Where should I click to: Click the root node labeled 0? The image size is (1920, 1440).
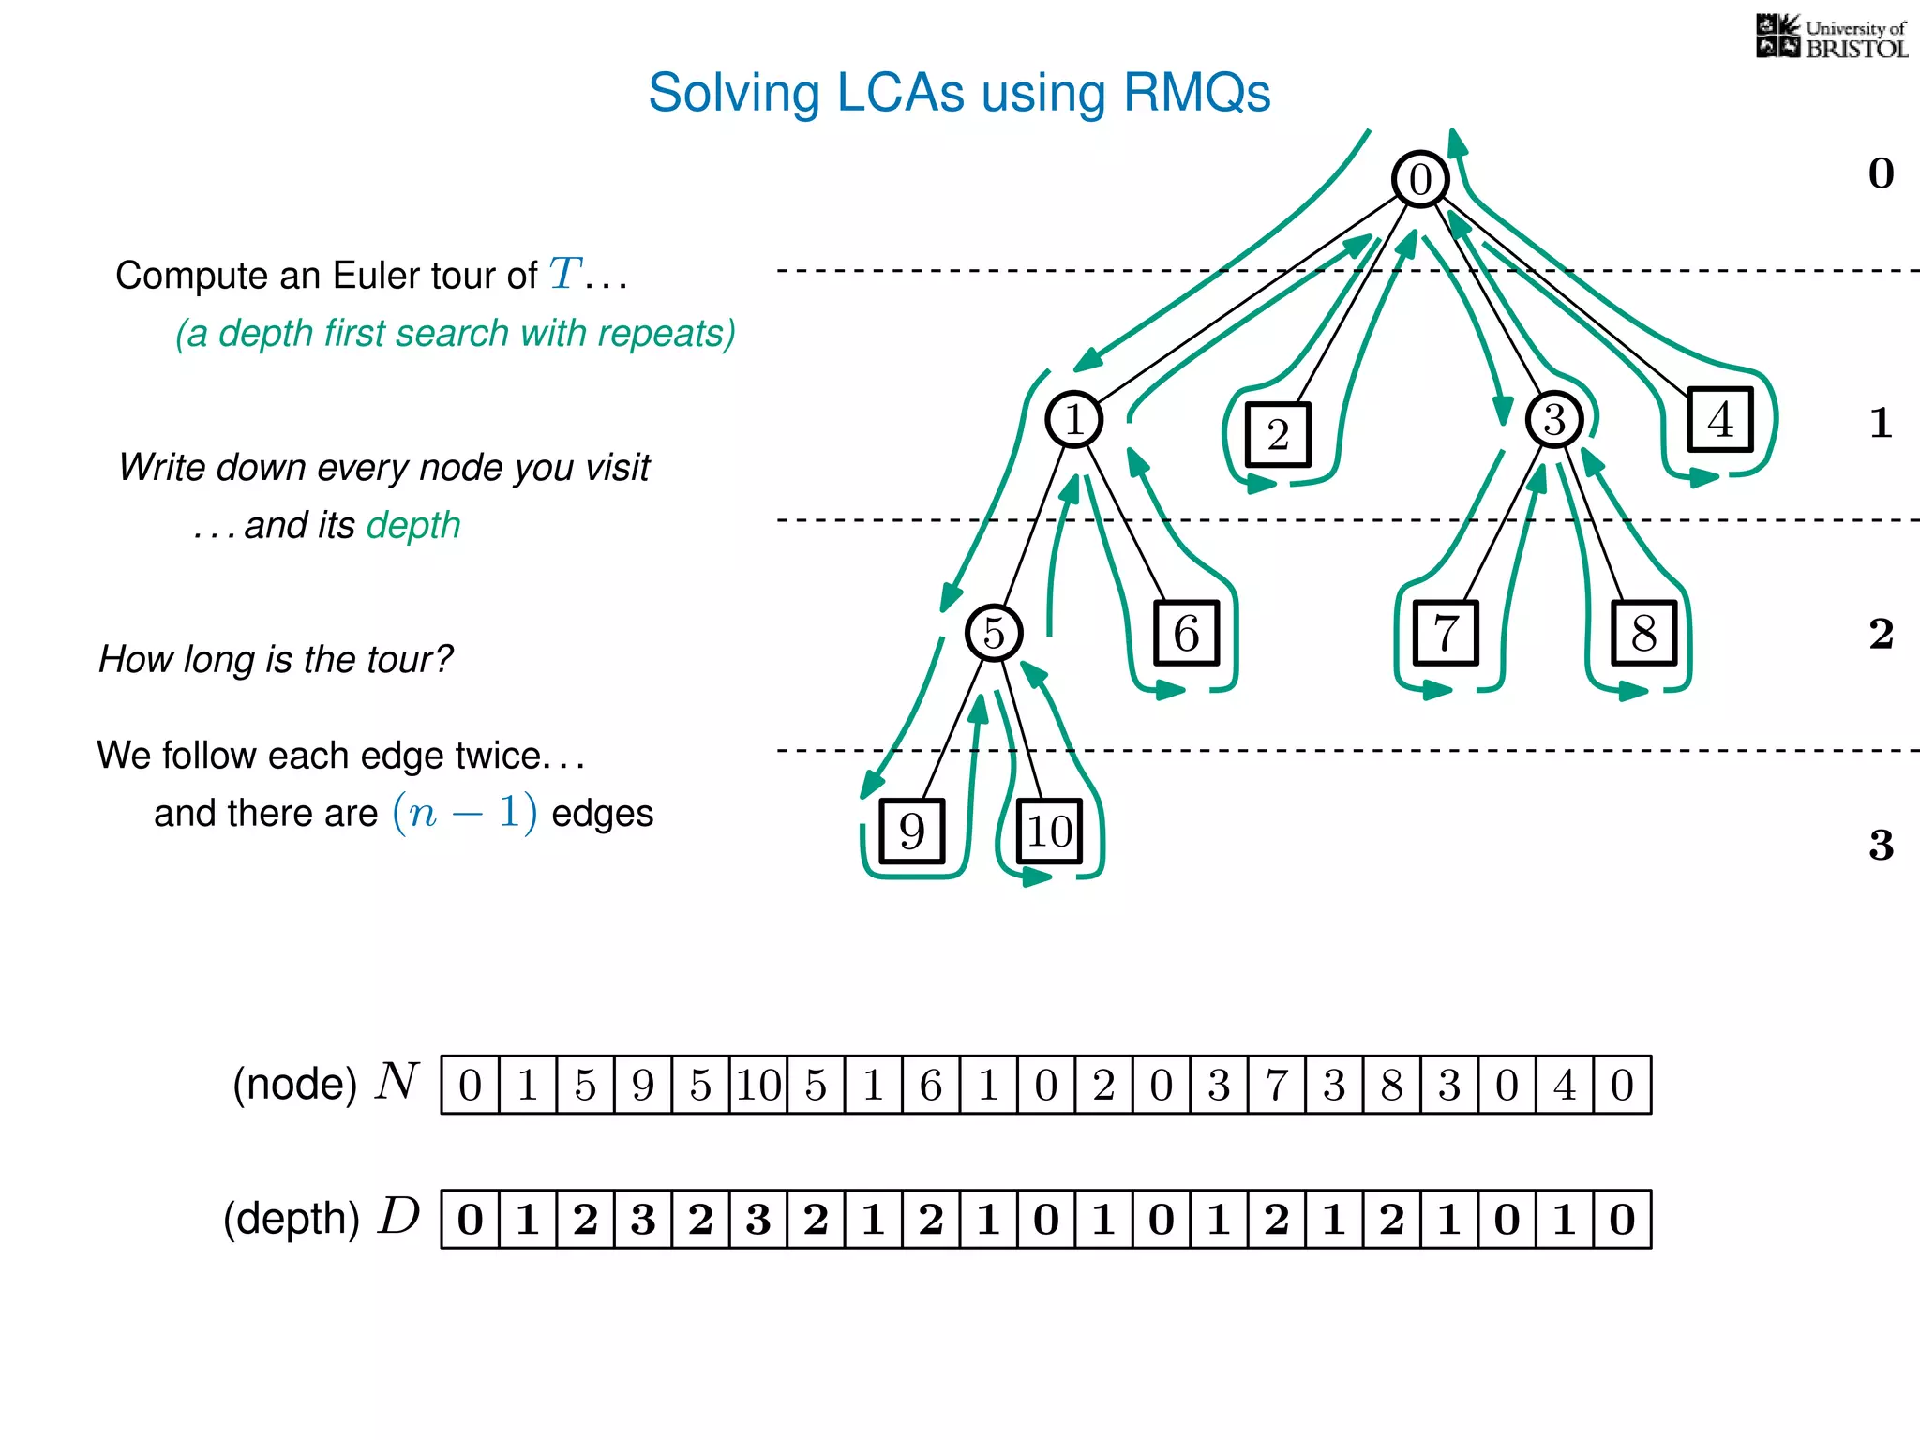pos(1420,179)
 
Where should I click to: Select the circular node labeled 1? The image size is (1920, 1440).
pos(1073,419)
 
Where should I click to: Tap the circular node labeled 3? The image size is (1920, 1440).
pos(1553,419)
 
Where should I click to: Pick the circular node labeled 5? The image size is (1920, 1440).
pos(994,633)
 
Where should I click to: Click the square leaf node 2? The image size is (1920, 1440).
pos(1278,435)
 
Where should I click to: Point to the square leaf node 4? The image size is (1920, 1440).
pos(1720,419)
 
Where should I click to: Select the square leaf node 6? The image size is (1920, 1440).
pos(1186,634)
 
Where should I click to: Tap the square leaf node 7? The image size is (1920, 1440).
pos(1446,634)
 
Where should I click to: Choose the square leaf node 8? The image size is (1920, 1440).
pos(1643,634)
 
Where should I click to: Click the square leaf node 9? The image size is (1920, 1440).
pos(912,832)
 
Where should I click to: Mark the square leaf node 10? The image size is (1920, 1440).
pos(1049,832)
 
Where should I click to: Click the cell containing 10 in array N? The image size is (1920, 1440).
pos(758,1086)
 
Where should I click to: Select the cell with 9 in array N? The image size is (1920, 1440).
pos(643,1086)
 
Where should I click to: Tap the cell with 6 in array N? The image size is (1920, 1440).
pos(931,1086)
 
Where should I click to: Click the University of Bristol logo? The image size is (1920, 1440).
pos(1831,37)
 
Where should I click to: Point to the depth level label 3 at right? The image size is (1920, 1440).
pos(1881,846)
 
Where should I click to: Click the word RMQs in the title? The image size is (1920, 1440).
pos(1196,93)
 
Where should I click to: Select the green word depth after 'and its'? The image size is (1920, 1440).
pos(413,526)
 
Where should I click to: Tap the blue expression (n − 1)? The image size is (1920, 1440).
pos(465,812)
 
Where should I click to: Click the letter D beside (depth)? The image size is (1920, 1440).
pos(399,1217)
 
